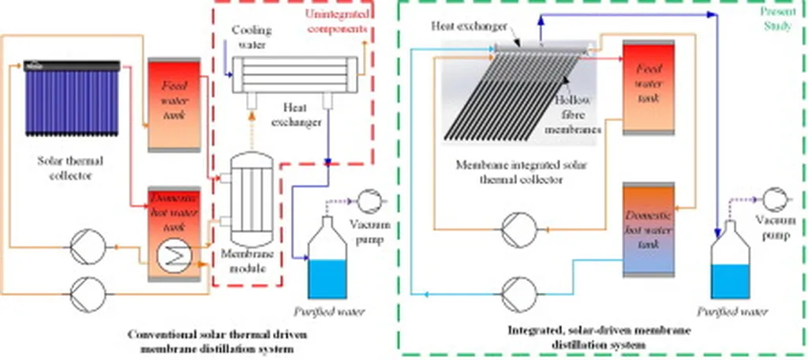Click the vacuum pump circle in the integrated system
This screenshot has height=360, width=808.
pos(772,195)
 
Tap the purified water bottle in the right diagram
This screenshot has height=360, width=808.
pos(731,261)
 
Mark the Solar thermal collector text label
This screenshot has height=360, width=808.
pos(70,167)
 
